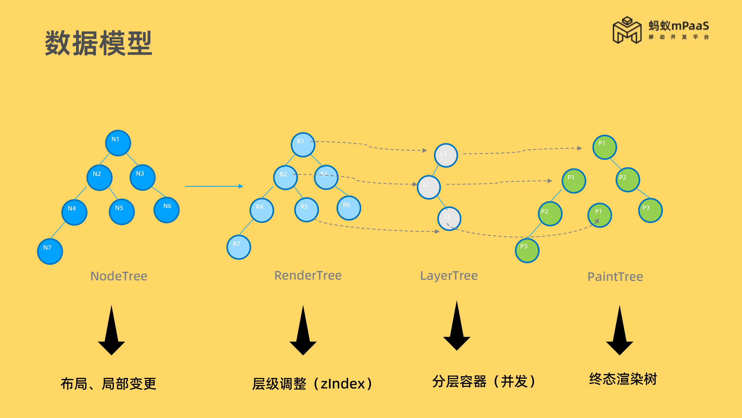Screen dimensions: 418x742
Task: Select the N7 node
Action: [x=50, y=251]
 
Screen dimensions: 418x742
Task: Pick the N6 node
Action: [x=167, y=210]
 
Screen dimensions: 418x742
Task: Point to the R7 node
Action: [x=239, y=247]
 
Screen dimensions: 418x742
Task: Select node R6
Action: [x=349, y=208]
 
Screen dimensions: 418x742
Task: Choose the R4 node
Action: [x=262, y=210]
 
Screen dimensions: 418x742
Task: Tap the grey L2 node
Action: [x=429, y=187]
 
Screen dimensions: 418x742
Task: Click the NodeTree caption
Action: [x=119, y=276]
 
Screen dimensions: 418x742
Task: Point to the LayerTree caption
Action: [x=449, y=276]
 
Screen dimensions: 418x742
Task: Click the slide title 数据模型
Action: [x=99, y=43]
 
